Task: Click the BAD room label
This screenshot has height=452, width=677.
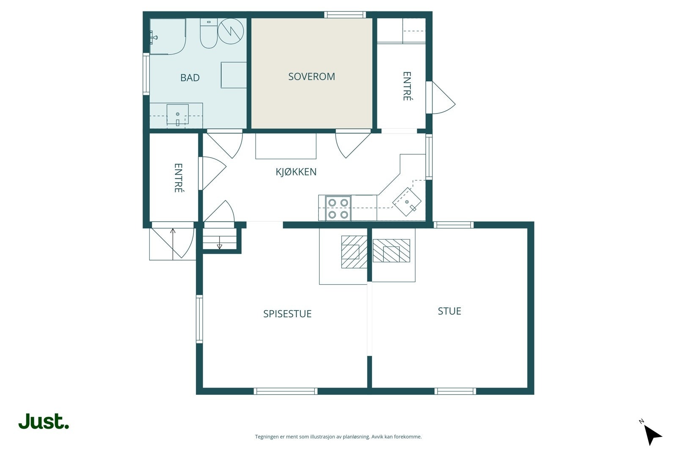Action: tap(190, 78)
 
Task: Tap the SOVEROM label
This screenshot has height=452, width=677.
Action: tap(311, 77)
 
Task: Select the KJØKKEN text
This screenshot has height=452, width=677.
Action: tap(296, 172)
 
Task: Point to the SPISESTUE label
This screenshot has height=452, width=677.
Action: tap(287, 314)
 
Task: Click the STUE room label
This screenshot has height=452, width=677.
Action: tap(449, 311)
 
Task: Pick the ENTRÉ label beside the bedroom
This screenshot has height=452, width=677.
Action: tap(407, 86)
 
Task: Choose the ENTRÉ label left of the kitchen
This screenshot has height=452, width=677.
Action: tap(179, 178)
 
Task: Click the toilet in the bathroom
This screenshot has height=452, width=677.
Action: tap(209, 34)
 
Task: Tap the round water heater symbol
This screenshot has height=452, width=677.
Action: tap(231, 31)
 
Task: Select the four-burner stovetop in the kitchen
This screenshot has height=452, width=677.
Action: tap(338, 208)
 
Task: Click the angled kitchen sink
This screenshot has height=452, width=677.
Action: tap(407, 202)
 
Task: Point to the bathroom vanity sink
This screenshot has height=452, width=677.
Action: tap(177, 114)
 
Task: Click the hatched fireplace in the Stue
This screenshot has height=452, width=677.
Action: tap(391, 251)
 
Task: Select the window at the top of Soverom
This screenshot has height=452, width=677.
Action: tap(345, 15)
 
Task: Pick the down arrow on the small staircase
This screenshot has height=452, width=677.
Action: tap(219, 246)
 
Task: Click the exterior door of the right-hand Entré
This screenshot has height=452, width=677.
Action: tap(440, 98)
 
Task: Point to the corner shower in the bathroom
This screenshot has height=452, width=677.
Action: tap(167, 36)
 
